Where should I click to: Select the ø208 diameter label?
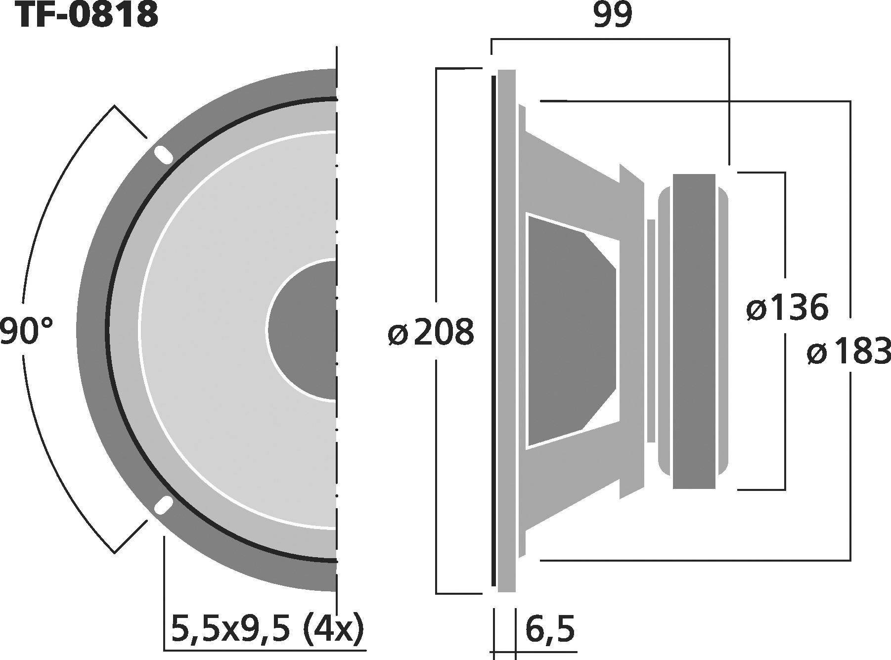click(x=431, y=332)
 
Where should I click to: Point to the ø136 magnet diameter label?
click(x=787, y=308)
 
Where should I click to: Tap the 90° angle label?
click(x=26, y=331)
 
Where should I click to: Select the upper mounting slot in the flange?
click(x=162, y=155)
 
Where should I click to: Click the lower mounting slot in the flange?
click(x=163, y=506)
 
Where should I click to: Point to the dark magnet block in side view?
click(x=694, y=331)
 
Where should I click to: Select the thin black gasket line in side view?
click(x=493, y=330)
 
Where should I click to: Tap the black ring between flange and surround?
click(x=107, y=330)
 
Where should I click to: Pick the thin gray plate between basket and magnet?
click(x=651, y=330)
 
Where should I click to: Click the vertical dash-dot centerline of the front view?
click(x=336, y=198)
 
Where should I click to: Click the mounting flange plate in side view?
click(x=506, y=330)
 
